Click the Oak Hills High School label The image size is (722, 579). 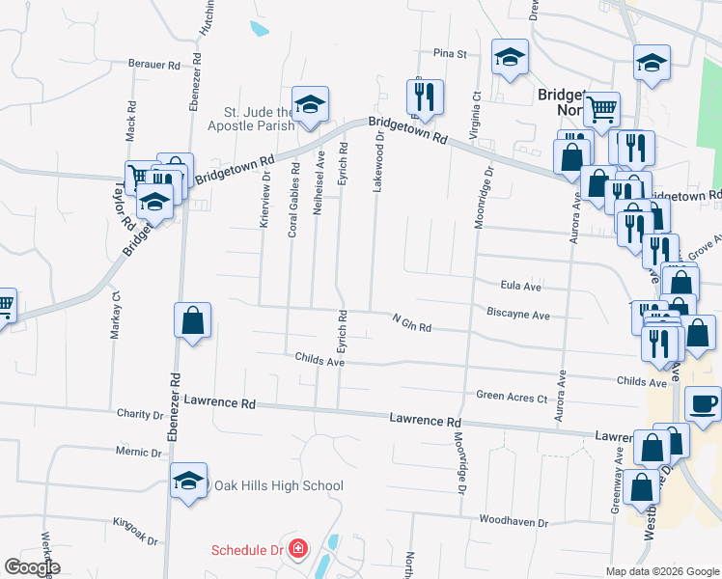pyautogui.click(x=278, y=485)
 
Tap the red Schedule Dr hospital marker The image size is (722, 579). pyautogui.click(x=298, y=550)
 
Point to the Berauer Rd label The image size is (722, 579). pyautogui.click(x=154, y=66)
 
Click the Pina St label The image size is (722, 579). pyautogui.click(x=450, y=54)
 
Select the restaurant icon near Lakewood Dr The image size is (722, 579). pyautogui.click(x=425, y=96)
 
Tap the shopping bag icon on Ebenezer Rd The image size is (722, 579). pyautogui.click(x=192, y=321)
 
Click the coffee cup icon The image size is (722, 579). pyautogui.click(x=702, y=403)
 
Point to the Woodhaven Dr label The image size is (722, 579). pyautogui.click(x=516, y=522)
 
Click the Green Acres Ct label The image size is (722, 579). pyautogui.click(x=512, y=396)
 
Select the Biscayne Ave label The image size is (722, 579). pyautogui.click(x=518, y=315)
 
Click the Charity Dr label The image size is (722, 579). pyautogui.click(x=140, y=415)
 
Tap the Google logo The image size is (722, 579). pyautogui.click(x=32, y=567)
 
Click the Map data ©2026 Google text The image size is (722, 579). pyautogui.click(x=661, y=571)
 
